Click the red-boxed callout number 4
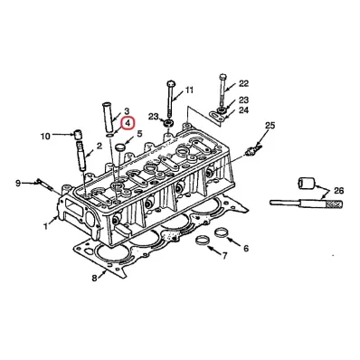(127, 123)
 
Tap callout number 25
(270, 126)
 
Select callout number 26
(338, 191)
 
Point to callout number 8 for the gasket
(95, 278)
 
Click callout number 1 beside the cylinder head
(45, 226)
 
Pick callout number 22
(243, 83)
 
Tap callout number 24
(243, 110)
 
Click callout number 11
(189, 90)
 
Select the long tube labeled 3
(108, 118)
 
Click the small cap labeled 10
(79, 134)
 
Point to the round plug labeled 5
(121, 147)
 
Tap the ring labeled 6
(221, 232)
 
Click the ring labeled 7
(202, 241)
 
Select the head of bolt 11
(170, 82)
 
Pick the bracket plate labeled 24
(218, 116)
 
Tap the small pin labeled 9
(44, 185)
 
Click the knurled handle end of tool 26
(334, 204)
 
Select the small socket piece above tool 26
(307, 183)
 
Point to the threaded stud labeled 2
(81, 156)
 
